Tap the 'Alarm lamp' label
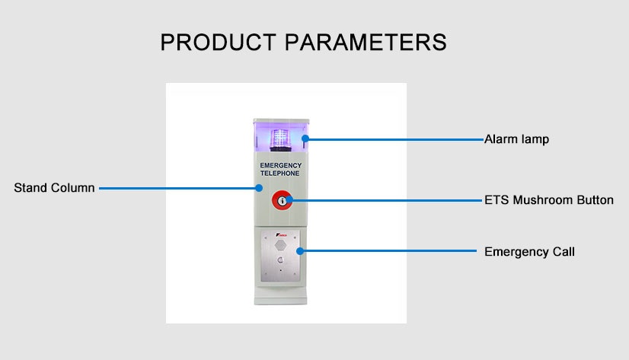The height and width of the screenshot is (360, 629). click(516, 139)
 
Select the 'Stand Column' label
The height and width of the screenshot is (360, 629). click(54, 187)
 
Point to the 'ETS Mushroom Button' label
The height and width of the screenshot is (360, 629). click(548, 201)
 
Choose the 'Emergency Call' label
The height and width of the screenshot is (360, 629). click(529, 251)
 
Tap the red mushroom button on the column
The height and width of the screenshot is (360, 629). click(281, 201)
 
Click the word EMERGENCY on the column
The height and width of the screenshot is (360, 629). click(280, 165)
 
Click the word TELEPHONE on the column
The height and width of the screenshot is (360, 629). click(280, 174)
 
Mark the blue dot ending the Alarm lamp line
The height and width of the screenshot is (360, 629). click(305, 139)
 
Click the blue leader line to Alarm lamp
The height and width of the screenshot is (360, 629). click(396, 139)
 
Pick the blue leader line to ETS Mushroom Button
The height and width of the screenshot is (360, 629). click(388, 201)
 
